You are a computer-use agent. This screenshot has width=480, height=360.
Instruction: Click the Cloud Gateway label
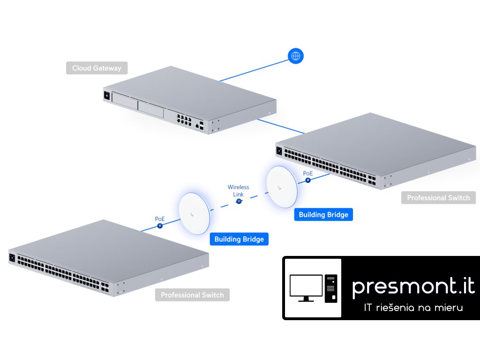(97, 68)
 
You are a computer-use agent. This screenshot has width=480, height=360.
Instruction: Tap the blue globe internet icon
(295, 56)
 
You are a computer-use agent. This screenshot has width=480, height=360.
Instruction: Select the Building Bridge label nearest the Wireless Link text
(323, 215)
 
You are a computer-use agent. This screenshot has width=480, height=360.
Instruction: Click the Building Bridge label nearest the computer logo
(239, 239)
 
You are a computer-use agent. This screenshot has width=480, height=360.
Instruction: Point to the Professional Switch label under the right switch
(438, 197)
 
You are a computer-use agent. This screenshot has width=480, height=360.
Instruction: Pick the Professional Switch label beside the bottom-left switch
(192, 295)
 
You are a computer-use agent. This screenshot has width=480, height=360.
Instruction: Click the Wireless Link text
(238, 190)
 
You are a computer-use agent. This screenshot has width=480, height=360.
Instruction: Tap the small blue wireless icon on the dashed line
(239, 202)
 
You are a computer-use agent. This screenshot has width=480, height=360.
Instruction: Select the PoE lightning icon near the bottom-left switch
(160, 225)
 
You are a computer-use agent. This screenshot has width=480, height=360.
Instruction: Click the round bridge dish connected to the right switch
(281, 186)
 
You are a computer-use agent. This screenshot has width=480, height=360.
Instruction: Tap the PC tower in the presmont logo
(331, 287)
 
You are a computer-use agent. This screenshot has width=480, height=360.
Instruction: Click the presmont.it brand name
(413, 285)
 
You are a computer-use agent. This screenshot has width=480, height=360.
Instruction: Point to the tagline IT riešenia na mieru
(413, 307)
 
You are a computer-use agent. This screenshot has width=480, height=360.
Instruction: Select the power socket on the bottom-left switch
(13, 257)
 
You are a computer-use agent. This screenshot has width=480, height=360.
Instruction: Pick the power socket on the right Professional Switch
(279, 151)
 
